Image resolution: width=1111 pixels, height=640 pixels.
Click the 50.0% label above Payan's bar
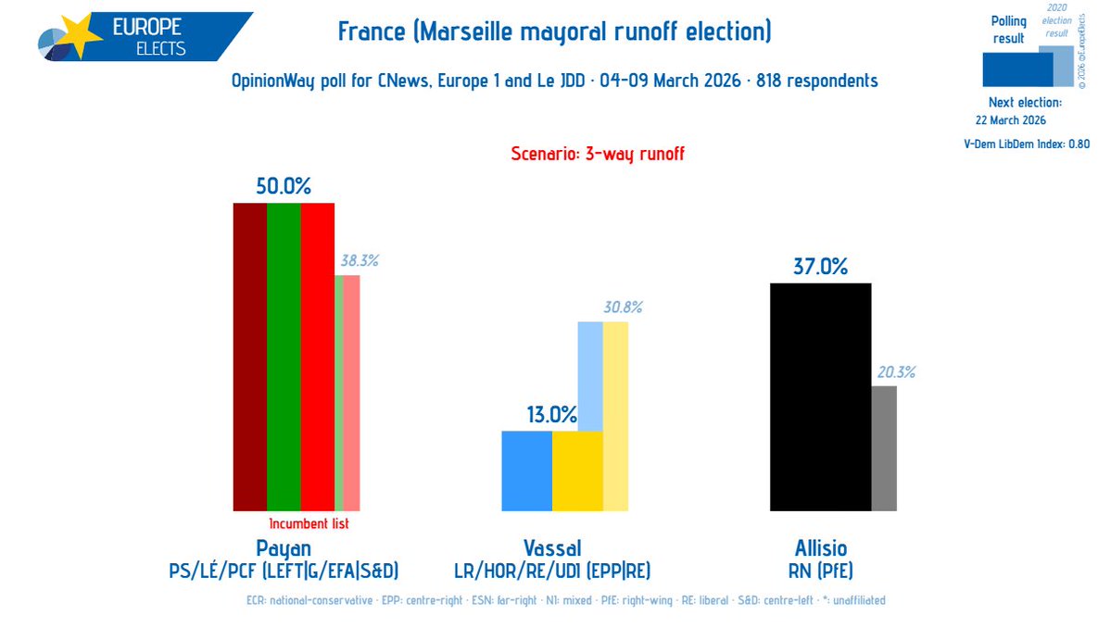click(x=283, y=186)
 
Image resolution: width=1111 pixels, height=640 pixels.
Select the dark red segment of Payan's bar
click(x=249, y=357)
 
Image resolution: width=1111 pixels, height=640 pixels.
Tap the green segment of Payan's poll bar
click(x=284, y=357)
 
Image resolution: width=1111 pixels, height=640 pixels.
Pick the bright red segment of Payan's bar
click(x=317, y=357)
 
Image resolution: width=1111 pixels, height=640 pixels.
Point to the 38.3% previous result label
click(x=359, y=261)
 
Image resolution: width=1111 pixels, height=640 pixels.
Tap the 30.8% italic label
click(x=622, y=307)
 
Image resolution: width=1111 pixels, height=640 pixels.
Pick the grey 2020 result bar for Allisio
click(x=883, y=448)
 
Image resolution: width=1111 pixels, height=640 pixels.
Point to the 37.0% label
click(x=820, y=268)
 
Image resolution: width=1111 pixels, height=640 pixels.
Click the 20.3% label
click(x=896, y=372)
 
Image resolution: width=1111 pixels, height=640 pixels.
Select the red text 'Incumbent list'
click(x=309, y=524)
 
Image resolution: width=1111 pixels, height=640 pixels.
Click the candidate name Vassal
click(x=551, y=547)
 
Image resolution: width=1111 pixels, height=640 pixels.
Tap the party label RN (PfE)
click(x=820, y=570)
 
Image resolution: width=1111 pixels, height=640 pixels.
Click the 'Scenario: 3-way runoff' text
click(x=598, y=154)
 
